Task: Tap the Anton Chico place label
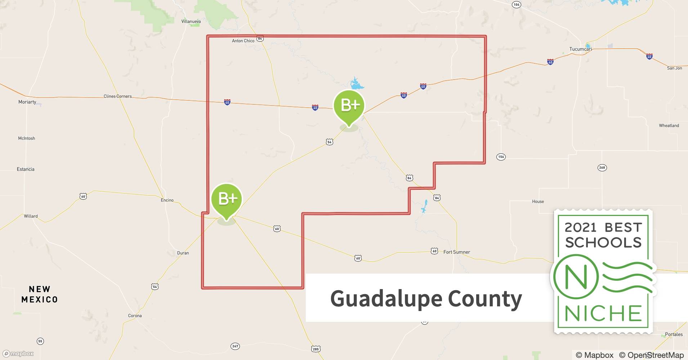(x=243, y=41)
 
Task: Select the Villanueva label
(x=191, y=22)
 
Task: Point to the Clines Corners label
(x=117, y=96)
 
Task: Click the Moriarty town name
(x=27, y=102)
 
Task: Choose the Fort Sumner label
(x=456, y=252)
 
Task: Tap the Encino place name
(x=167, y=200)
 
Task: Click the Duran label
(x=183, y=253)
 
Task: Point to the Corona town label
(x=135, y=316)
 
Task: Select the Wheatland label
(x=669, y=126)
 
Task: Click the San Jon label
(x=674, y=68)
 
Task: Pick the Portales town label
(x=674, y=334)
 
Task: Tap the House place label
(x=538, y=202)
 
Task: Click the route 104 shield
(x=517, y=5)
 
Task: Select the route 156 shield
(x=501, y=157)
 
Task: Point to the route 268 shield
(x=602, y=167)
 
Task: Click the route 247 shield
(x=235, y=346)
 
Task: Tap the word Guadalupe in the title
(x=386, y=299)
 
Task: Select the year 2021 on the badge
(x=581, y=228)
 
